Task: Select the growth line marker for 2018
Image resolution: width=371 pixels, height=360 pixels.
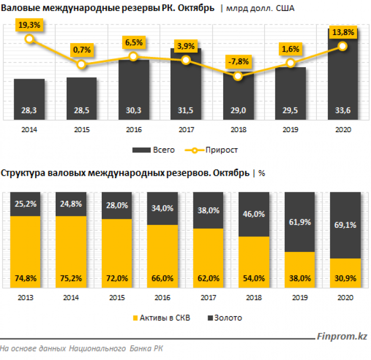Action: [x=238, y=76]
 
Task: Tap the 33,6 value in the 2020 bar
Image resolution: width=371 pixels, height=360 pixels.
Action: [x=343, y=111]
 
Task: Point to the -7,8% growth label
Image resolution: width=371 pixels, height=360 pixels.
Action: [x=239, y=62]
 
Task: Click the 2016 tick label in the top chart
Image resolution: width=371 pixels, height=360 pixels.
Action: [x=134, y=129]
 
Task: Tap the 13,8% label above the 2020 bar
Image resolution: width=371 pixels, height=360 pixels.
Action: [x=343, y=33]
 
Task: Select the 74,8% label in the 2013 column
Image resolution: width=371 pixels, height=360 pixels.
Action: [x=25, y=278]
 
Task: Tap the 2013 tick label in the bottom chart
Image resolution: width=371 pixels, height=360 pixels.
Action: [x=25, y=298]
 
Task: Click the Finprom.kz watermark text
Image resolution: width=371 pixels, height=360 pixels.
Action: [x=340, y=337]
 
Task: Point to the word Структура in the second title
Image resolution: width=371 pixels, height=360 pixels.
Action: [x=22, y=173]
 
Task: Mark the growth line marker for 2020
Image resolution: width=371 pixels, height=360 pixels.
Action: [x=343, y=46]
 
